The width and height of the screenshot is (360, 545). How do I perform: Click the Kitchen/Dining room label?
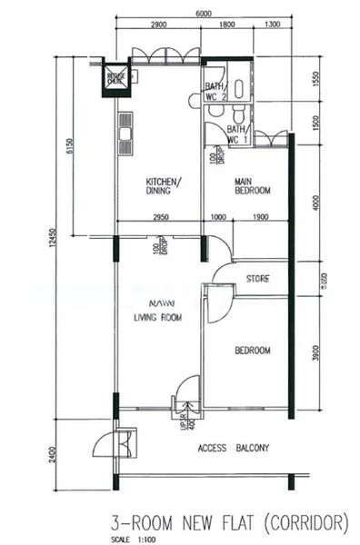point(165,187)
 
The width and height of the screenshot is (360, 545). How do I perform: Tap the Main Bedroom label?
point(253,185)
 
